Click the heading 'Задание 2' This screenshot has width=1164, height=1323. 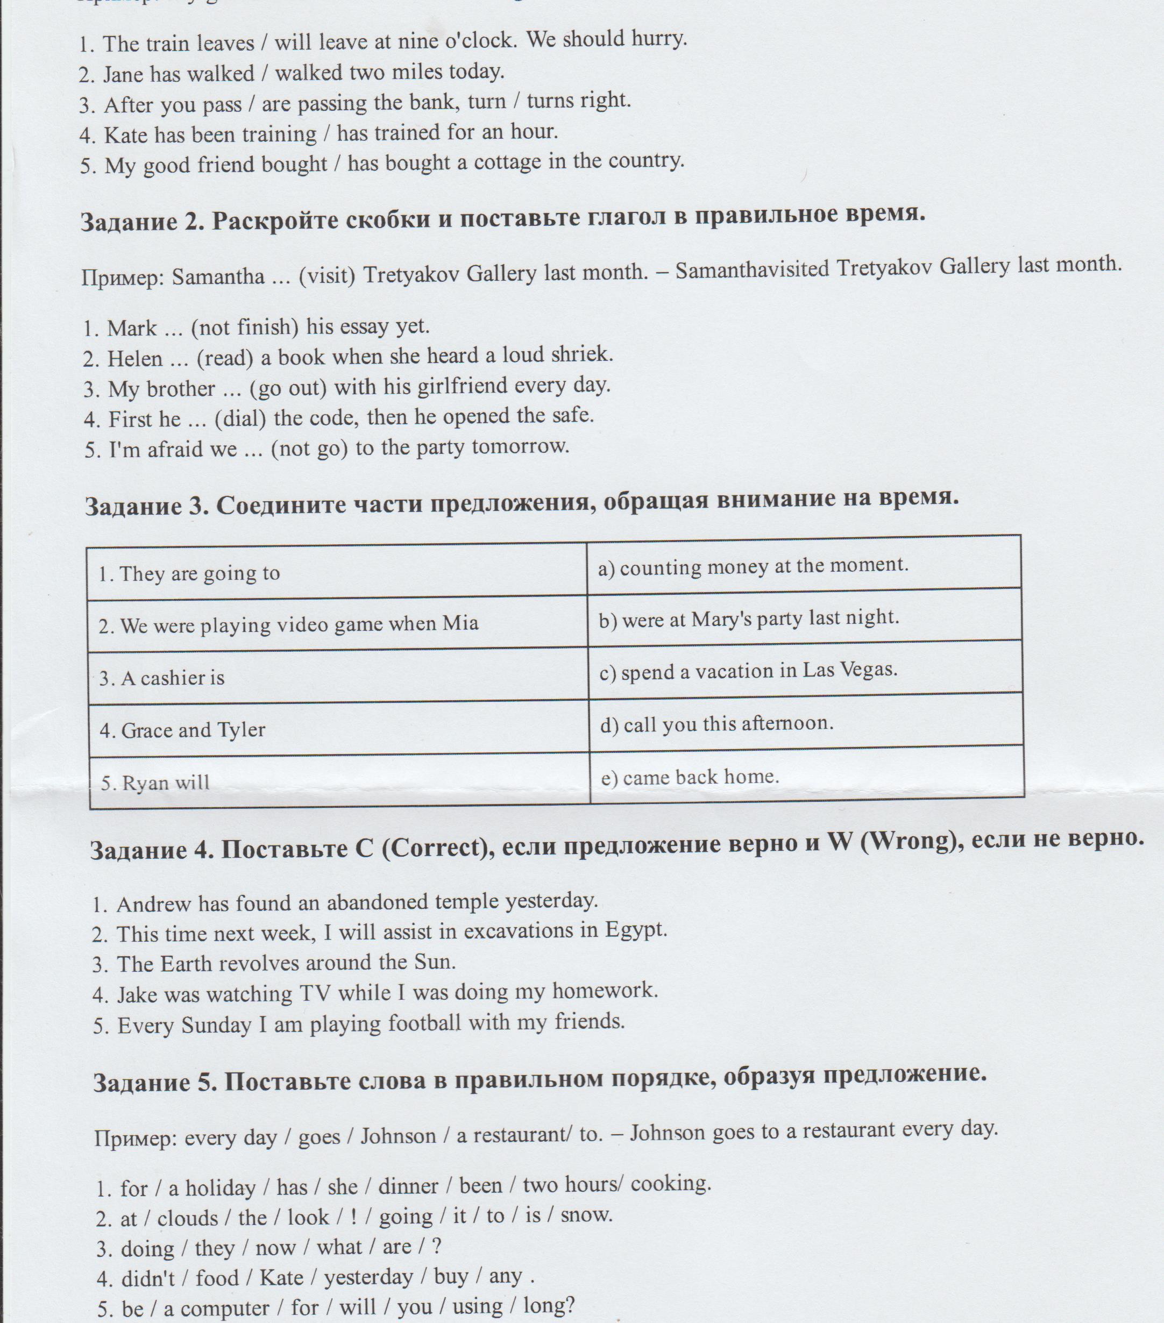[141, 222]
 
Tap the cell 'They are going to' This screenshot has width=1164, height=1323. [189, 573]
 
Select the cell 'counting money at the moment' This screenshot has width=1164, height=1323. [753, 566]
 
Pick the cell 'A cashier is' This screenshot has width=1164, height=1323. [162, 678]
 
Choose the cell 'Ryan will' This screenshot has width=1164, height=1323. [155, 783]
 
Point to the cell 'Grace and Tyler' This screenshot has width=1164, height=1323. [182, 730]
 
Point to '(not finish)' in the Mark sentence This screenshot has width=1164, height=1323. [245, 327]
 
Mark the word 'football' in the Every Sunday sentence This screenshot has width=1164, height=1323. [424, 1023]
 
